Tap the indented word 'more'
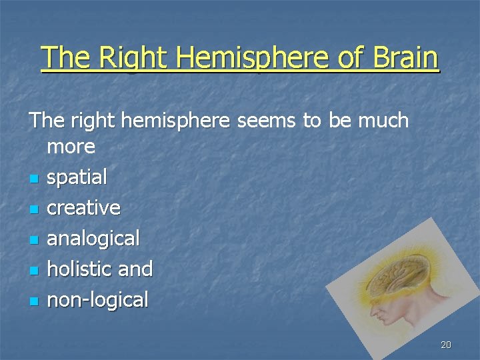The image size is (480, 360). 71,146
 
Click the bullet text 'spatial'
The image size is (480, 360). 77,177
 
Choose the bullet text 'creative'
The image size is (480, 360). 84,208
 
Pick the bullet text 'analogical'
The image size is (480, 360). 93,238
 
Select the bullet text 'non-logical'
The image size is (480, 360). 98,299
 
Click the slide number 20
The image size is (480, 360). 446,345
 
